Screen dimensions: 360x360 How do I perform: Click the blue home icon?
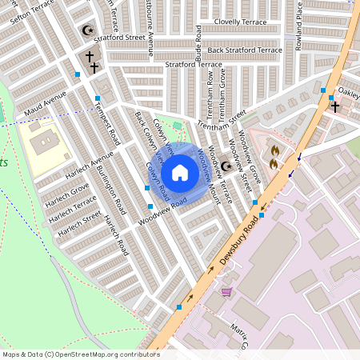click(180, 172)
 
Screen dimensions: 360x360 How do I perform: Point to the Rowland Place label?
click(298, 32)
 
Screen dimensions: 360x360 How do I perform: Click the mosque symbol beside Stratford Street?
click(88, 31)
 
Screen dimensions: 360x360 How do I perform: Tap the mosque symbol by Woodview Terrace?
click(226, 166)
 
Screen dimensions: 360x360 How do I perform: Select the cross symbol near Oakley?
click(335, 106)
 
